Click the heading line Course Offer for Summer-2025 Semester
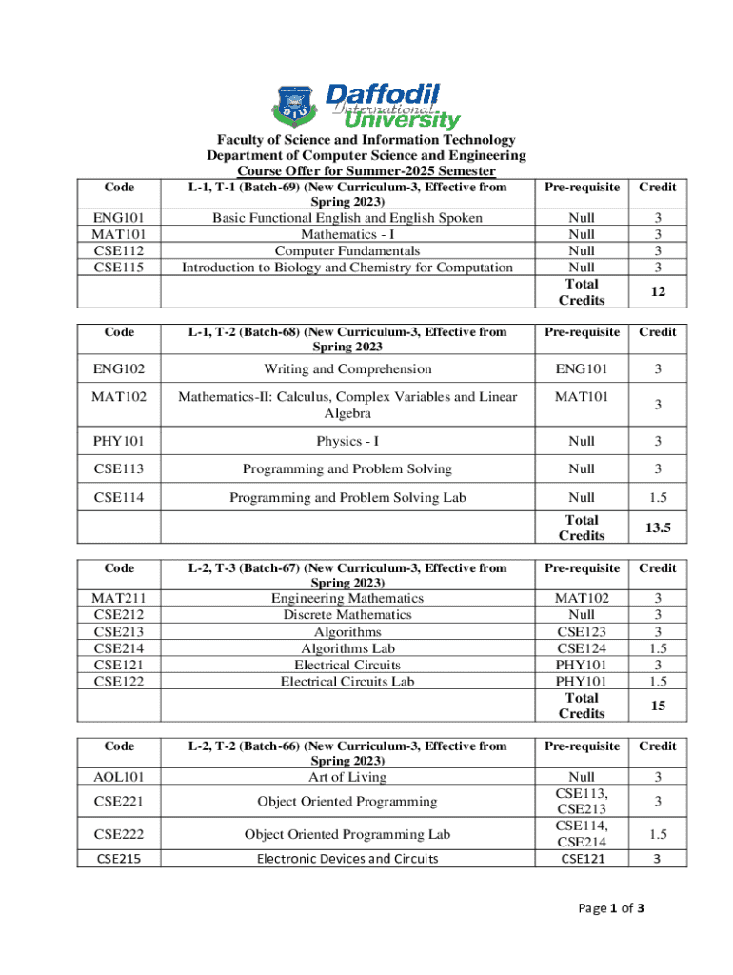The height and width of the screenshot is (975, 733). point(366,171)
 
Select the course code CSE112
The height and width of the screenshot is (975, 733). point(119,250)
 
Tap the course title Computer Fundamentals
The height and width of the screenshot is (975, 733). point(347,250)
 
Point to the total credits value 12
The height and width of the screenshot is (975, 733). point(657,292)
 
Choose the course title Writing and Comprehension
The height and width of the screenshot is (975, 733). point(347,368)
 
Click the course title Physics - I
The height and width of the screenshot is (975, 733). point(347,441)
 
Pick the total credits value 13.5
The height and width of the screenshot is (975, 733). point(657,527)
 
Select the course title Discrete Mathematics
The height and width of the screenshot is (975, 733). point(347,615)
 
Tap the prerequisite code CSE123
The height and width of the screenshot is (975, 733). point(582,631)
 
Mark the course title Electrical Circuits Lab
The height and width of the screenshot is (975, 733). point(347,681)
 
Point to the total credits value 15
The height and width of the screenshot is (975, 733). point(657,706)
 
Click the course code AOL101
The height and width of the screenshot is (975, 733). point(119,778)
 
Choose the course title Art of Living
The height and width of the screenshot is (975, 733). point(347,777)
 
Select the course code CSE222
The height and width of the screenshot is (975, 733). point(119,834)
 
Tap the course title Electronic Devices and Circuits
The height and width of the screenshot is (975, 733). point(347,859)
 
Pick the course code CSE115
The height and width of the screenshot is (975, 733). point(119,268)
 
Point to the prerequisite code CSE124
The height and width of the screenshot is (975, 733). point(582,648)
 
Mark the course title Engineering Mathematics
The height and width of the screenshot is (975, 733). point(347,598)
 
